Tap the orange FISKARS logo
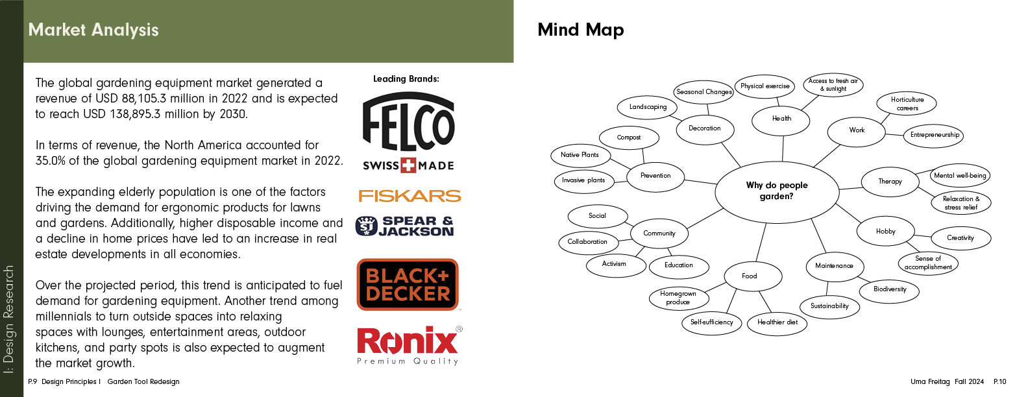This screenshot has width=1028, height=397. point(410,196)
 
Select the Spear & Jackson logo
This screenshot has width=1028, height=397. point(405,226)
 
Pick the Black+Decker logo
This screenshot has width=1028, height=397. point(408,285)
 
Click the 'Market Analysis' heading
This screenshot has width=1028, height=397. point(93,30)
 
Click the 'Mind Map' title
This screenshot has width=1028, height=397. point(581,30)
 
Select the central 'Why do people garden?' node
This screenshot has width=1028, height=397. point(777,191)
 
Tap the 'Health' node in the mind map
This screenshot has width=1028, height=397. point(781,119)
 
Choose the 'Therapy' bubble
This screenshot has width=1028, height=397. point(890,182)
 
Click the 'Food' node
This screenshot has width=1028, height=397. point(750,276)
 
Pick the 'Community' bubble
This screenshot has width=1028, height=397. point(659,234)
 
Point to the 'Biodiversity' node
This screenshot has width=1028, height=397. point(890,289)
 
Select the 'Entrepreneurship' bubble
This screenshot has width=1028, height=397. point(935,135)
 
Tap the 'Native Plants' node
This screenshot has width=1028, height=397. point(580,155)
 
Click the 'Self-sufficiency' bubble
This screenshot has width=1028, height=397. point(712,322)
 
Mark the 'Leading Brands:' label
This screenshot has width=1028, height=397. point(406,79)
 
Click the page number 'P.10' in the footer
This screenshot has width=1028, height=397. point(999,381)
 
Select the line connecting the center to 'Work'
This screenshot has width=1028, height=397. point(827,155)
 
